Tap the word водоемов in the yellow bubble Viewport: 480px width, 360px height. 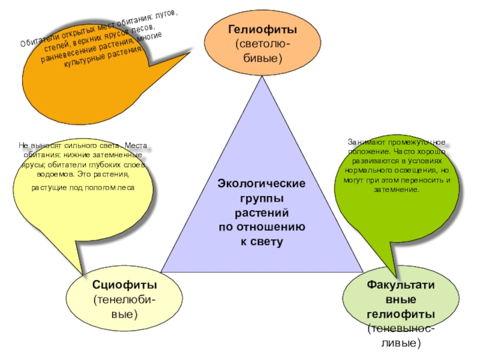52,174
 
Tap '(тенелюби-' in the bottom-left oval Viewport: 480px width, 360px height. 125,299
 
